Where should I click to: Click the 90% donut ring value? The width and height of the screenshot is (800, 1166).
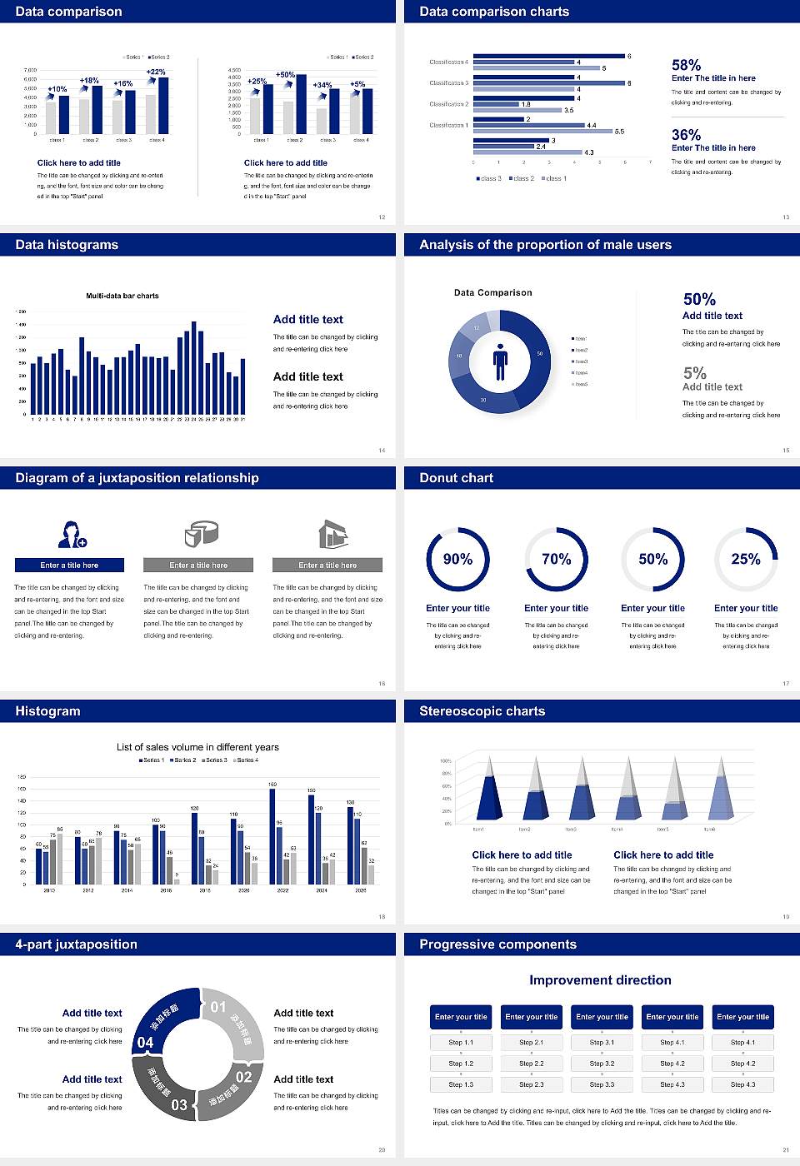coord(457,559)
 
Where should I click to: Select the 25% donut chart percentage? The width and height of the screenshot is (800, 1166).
coord(745,559)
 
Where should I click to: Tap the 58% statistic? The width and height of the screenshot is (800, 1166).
coord(686,65)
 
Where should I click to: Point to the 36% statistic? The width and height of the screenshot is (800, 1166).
coord(686,135)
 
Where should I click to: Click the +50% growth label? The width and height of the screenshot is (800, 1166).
coord(285,74)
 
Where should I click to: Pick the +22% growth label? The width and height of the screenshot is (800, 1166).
coord(156,72)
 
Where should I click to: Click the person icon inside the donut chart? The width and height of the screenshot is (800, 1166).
coord(500,361)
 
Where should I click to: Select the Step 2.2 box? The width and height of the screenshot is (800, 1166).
coord(532,1064)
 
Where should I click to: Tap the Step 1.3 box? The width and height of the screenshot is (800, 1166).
coord(461,1084)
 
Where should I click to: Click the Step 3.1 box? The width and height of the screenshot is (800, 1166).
coord(602,1043)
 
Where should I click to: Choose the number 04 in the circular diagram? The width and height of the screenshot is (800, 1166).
coord(145,1042)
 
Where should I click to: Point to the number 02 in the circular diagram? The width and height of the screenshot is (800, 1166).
coord(243,1076)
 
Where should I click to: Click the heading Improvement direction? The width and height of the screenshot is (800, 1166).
coord(600,980)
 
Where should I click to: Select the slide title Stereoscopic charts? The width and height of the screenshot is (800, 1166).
coord(482,711)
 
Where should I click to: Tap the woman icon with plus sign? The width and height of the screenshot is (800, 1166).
coord(72,534)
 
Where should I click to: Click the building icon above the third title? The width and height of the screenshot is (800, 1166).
coord(332,534)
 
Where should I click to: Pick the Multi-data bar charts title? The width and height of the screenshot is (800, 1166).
coord(122,296)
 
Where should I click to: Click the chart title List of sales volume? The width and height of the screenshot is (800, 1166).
coord(197,747)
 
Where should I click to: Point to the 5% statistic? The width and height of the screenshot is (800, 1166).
coord(694,373)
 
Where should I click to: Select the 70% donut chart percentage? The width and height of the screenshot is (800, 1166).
coord(556,559)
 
